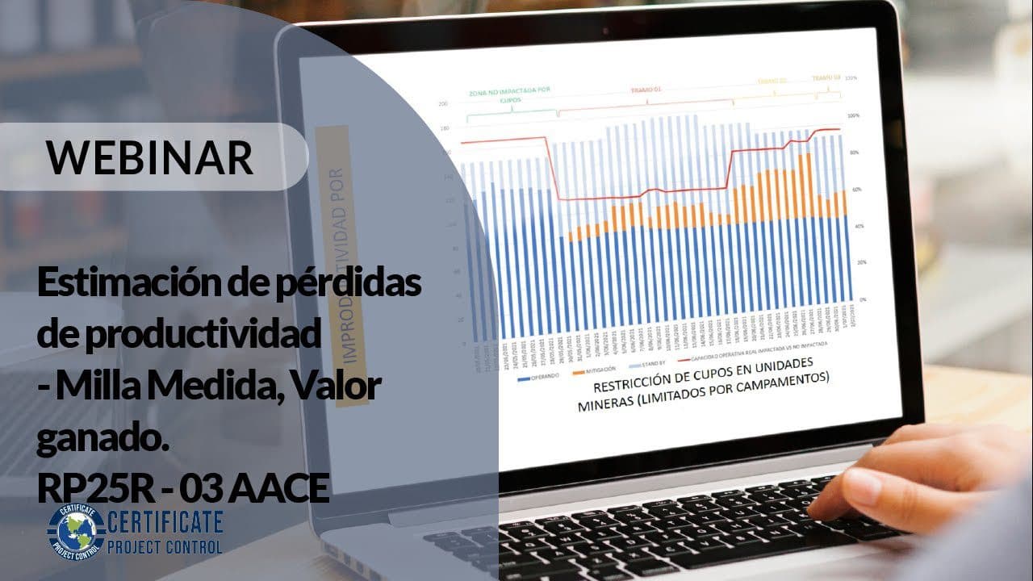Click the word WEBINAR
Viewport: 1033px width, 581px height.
(150, 157)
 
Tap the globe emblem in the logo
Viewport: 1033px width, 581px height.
(76, 530)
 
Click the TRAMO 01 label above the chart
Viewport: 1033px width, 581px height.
(646, 90)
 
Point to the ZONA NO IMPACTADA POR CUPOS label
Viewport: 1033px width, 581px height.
(498, 98)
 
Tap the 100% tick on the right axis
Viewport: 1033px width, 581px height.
(853, 116)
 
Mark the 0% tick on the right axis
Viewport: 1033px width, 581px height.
(863, 299)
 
